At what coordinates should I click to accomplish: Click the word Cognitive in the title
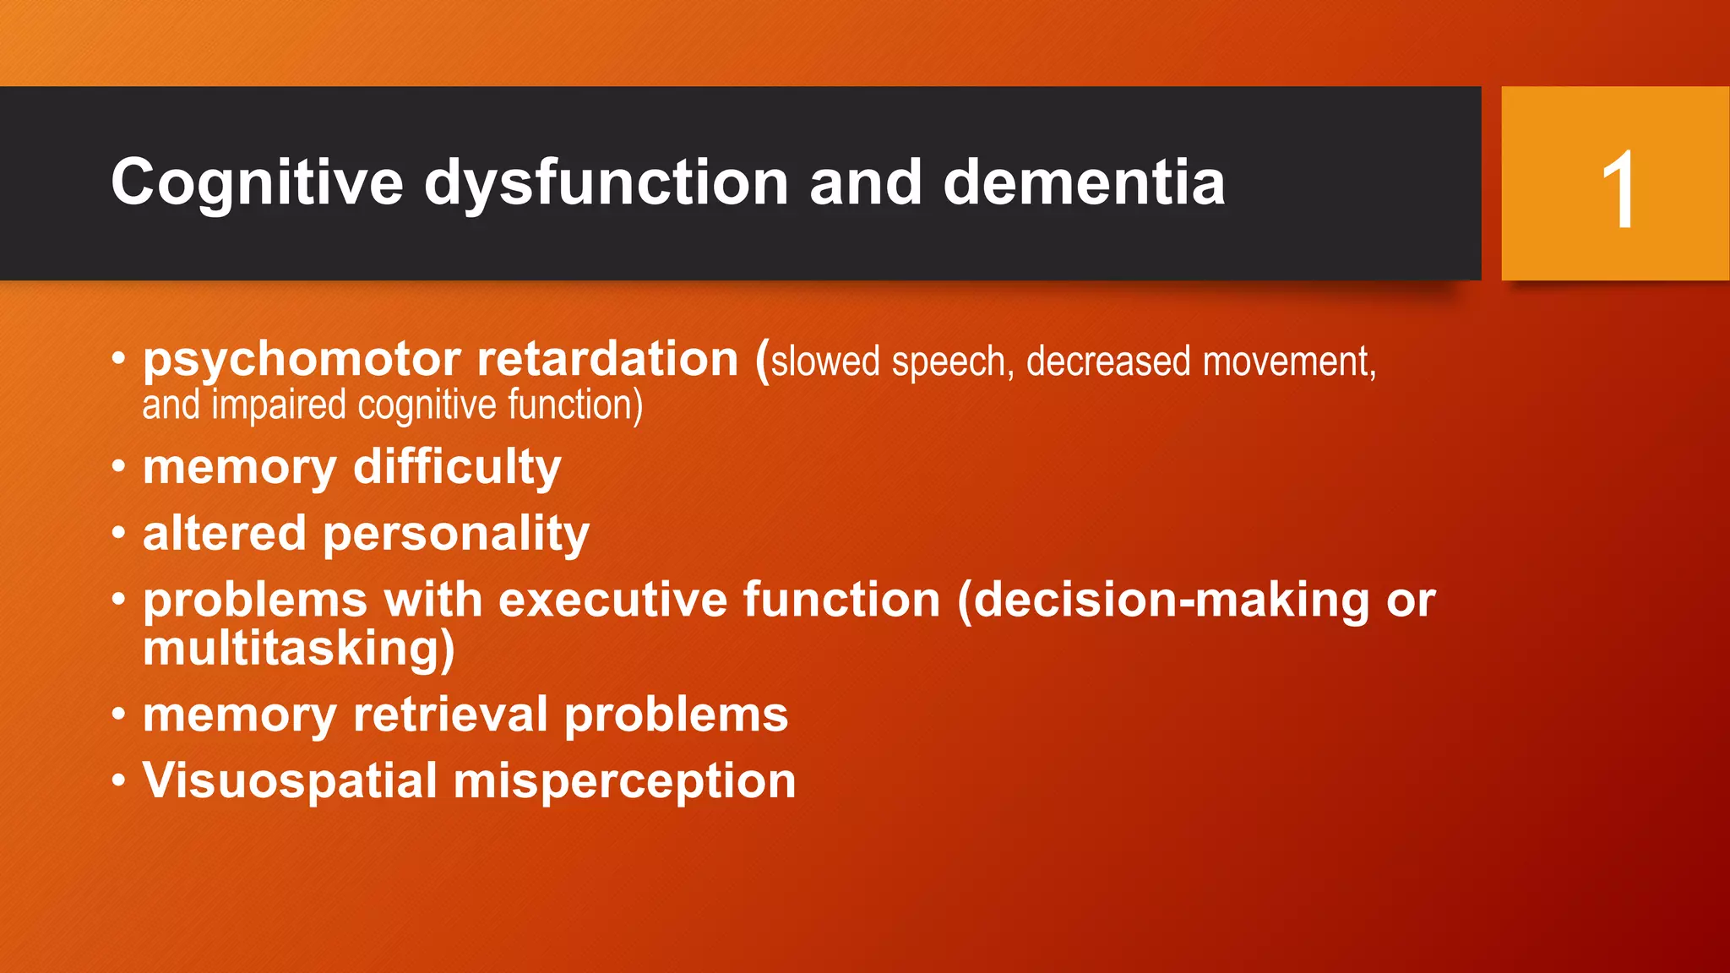tap(257, 183)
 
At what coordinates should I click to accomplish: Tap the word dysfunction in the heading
tap(606, 183)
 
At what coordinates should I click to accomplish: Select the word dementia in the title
tap(1084, 183)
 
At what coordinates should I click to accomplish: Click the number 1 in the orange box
tap(1618, 191)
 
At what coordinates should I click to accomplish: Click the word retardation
tap(607, 359)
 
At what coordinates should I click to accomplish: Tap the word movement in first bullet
tap(1288, 362)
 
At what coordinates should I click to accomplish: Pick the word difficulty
tap(457, 467)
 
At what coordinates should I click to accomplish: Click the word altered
tap(224, 534)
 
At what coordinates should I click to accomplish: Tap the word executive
tap(612, 601)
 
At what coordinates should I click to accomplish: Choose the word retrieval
tap(450, 715)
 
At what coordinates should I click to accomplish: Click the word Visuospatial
tap(290, 782)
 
